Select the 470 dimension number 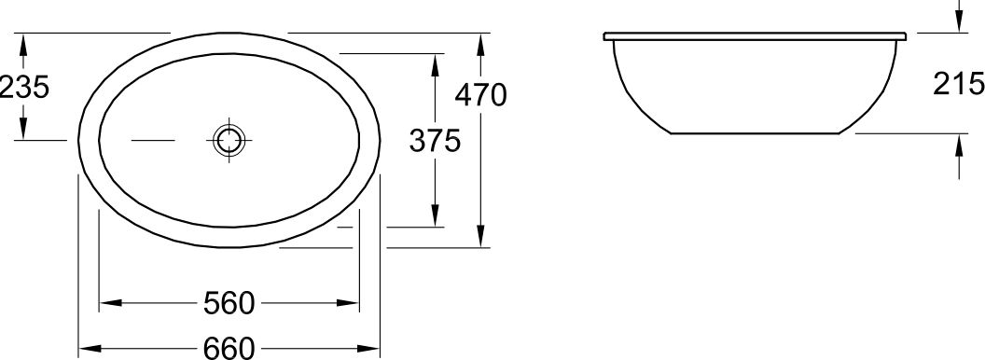click(480, 95)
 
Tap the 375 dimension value click(435, 140)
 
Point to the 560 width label click(229, 303)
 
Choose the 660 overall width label click(229, 348)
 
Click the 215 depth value click(959, 84)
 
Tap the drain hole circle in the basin click(229, 140)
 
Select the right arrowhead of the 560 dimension click(348, 303)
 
